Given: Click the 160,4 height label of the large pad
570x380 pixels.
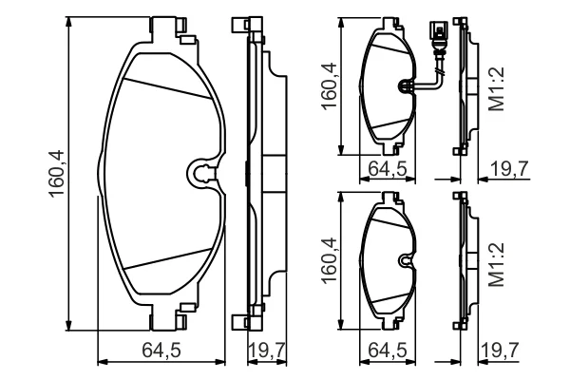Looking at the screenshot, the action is point(56,174).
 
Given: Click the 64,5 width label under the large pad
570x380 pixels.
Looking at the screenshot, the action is point(161,351).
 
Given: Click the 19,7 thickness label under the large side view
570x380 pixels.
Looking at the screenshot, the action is point(266,351).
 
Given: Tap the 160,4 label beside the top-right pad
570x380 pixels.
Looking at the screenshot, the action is point(329,85).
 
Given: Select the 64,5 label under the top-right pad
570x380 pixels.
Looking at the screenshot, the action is point(388,168).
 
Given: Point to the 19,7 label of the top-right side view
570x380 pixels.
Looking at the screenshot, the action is point(509,168).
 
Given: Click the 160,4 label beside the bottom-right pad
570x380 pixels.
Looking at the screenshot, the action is point(329,260).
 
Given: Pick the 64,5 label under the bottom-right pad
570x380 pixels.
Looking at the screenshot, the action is point(388,351).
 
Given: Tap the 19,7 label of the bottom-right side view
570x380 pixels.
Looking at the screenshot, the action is point(500,351).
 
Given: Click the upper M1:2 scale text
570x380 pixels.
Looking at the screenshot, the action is point(497,88).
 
